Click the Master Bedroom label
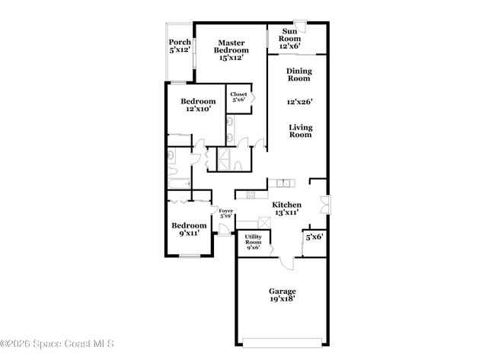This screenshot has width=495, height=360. pyautogui.click(x=233, y=50)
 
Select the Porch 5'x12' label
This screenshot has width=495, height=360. pyautogui.click(x=180, y=46)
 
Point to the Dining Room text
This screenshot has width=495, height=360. pyautogui.click(x=299, y=75)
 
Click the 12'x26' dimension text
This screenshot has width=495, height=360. pyautogui.click(x=299, y=101)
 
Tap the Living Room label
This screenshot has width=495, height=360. pyautogui.click(x=300, y=131)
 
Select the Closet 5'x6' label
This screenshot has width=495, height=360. pyautogui.click(x=238, y=97)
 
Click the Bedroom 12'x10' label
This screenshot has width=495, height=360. pyautogui.click(x=197, y=105)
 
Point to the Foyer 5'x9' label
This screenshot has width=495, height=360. pyautogui.click(x=225, y=214)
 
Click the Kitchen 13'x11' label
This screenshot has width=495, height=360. pyautogui.click(x=286, y=209)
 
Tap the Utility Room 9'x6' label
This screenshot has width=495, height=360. pyautogui.click(x=253, y=242)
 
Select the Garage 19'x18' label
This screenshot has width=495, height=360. pyautogui.click(x=282, y=295)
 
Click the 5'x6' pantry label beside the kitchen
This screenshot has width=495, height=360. pyautogui.click(x=315, y=237)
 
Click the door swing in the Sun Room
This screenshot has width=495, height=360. pyautogui.click(x=301, y=24)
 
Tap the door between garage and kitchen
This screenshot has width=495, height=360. pyautogui.click(x=286, y=263)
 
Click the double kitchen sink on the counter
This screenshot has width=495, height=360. pyautogui.click(x=283, y=183)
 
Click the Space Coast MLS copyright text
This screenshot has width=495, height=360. pyautogui.click(x=57, y=344)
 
